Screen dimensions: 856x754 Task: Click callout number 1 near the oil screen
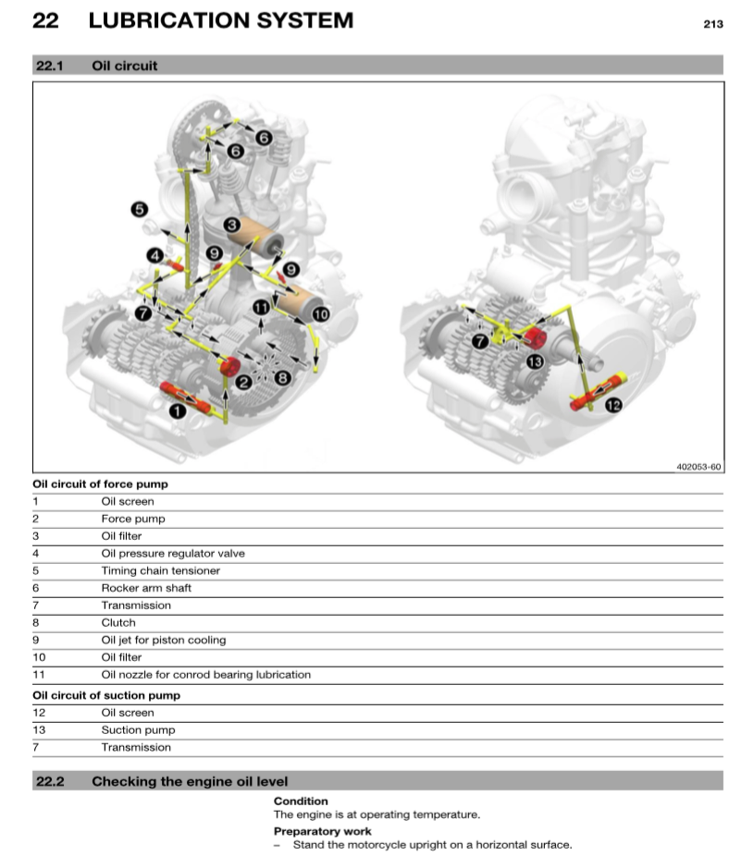point(177,411)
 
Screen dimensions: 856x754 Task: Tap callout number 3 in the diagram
point(232,225)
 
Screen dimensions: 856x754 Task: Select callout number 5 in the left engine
point(139,210)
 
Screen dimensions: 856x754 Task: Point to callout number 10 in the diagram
point(320,314)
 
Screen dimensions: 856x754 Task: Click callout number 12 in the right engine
point(612,404)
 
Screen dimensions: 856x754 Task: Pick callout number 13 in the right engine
point(534,361)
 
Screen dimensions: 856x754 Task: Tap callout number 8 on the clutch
point(282,377)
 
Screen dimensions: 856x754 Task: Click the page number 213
point(712,24)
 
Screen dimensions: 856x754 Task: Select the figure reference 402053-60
point(698,467)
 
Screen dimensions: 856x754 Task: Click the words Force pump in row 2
point(133,519)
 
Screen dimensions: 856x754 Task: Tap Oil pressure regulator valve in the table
point(173,554)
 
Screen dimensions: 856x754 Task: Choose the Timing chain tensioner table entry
point(160,570)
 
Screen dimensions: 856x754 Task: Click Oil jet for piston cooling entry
point(163,640)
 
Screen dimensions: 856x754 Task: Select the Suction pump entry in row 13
point(137,730)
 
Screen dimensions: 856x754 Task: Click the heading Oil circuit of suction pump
point(106,695)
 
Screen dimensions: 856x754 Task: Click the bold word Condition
point(301,801)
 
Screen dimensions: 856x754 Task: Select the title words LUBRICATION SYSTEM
point(220,19)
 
